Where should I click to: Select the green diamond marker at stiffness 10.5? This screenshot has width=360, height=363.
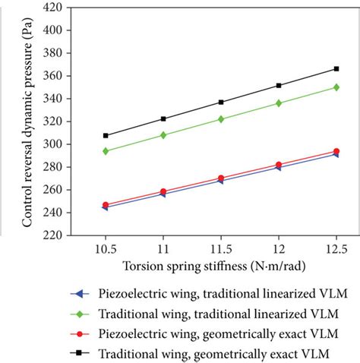pyautogui.click(x=106, y=151)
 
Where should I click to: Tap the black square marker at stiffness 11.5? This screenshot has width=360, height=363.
pyautogui.click(x=221, y=102)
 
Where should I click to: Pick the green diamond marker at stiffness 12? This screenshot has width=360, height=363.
pyautogui.click(x=279, y=103)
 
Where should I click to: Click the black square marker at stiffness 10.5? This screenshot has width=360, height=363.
pyautogui.click(x=106, y=136)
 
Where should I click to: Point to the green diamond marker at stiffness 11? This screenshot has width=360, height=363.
pyautogui.click(x=163, y=135)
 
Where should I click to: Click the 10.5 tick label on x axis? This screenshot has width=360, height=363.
pyautogui.click(x=106, y=249)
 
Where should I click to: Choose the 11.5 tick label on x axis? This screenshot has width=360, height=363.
pyautogui.click(x=221, y=249)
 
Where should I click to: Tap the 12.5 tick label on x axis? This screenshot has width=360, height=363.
pyautogui.click(x=336, y=249)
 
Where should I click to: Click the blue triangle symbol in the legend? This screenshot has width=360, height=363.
pyautogui.click(x=75, y=294)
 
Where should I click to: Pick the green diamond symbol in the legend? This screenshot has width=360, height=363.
pyautogui.click(x=75, y=314)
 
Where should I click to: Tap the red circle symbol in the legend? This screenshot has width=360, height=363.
pyautogui.click(x=75, y=333)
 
